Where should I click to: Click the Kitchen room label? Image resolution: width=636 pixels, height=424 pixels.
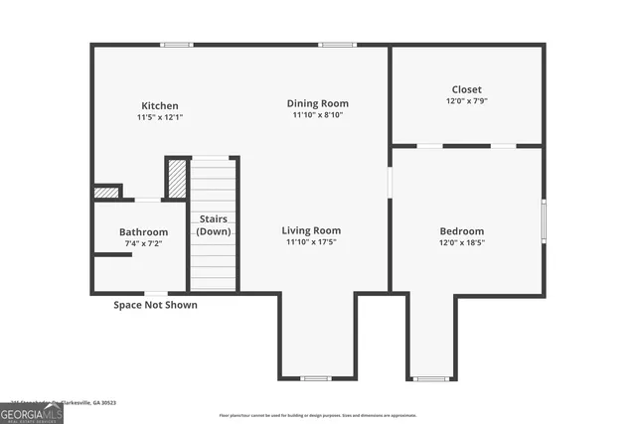coord(160,106)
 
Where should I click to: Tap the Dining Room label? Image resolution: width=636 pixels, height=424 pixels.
coord(318,103)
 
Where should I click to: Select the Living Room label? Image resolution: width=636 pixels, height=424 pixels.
coord(311,230)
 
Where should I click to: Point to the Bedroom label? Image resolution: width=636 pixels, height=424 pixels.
coord(462,231)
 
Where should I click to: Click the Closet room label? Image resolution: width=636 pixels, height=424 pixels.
coord(467,89)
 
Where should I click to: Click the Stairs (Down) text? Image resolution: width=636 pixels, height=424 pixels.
coord(214,224)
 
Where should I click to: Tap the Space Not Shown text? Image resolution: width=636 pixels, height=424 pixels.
coord(155,305)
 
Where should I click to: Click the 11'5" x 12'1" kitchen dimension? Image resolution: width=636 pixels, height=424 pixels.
coord(160,117)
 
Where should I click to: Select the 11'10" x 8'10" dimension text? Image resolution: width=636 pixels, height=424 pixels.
coord(318,115)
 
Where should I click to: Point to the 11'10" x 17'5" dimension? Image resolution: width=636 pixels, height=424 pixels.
coord(311,242)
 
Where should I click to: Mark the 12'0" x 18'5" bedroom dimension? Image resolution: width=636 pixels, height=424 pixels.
coord(462,243)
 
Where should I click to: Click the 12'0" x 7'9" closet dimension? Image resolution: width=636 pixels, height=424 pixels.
coord(467,100)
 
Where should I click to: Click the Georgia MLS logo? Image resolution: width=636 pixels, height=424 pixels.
coord(31,412)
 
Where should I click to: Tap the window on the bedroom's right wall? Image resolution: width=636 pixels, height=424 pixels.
coord(543,220)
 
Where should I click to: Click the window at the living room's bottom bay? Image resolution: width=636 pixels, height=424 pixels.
coord(316,378)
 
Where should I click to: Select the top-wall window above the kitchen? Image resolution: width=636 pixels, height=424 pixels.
coord(177,45)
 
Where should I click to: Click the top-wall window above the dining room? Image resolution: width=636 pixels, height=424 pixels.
coord(337,45)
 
